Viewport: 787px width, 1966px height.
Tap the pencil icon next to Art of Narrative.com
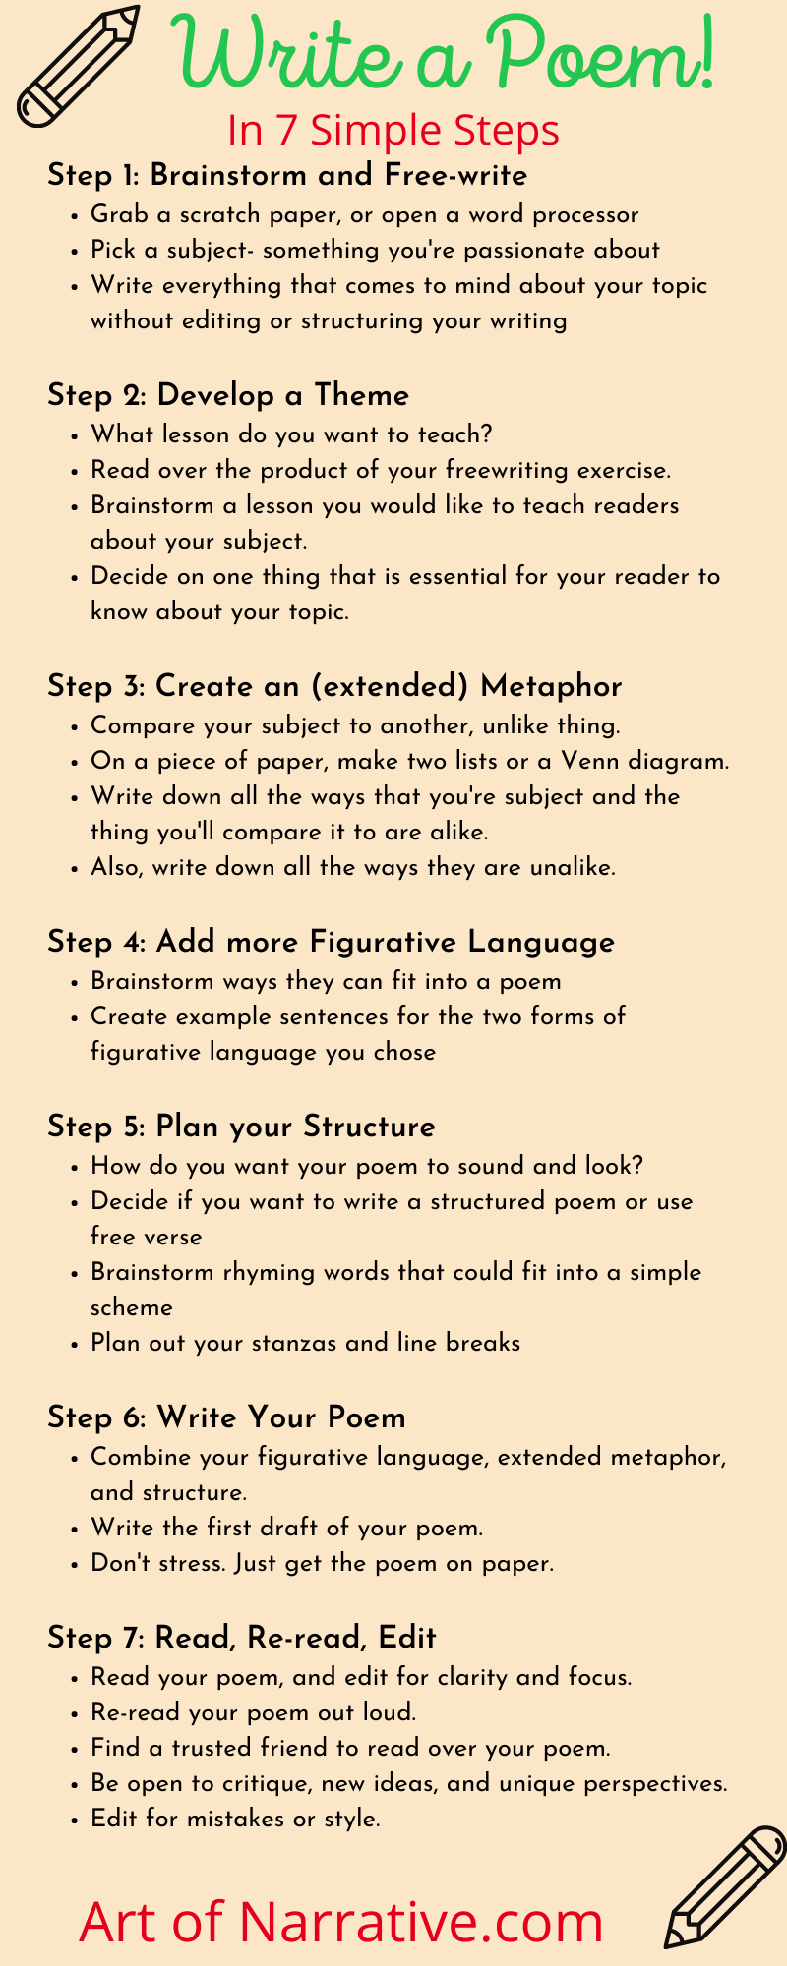[723, 1887]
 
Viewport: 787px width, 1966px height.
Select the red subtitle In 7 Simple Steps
[393, 130]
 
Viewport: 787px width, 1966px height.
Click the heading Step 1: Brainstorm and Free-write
[287, 175]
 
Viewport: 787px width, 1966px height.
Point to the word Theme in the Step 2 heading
[361, 395]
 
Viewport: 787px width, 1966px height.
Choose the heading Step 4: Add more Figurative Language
[331, 942]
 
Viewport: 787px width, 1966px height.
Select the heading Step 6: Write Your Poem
[226, 1417]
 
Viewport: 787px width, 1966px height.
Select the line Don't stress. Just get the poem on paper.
[322, 1563]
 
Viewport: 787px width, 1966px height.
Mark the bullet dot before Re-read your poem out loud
[76, 1713]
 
